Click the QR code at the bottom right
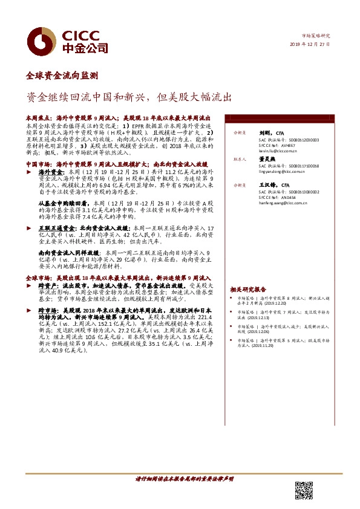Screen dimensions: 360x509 pyautogui.click(x=306, y=490)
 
